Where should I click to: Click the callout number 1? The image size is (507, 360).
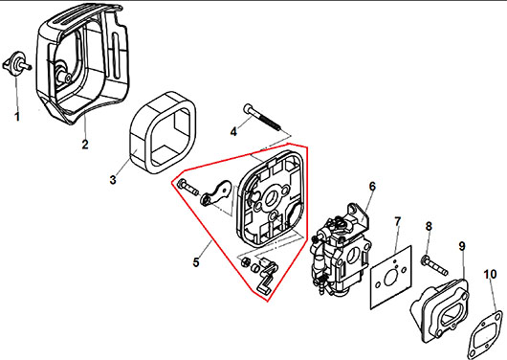[x=17, y=117]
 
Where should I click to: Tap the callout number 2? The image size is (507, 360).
[x=85, y=144]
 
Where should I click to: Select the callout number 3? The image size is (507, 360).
[x=113, y=179]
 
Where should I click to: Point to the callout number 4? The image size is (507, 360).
[x=233, y=132]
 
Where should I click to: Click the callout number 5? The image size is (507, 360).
[x=196, y=262]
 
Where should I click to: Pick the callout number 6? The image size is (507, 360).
[x=372, y=186]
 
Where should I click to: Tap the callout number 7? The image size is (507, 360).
[x=397, y=222]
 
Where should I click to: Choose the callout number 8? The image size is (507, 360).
[x=429, y=226]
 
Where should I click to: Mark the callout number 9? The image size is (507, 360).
[x=462, y=247]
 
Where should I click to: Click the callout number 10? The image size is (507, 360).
[x=490, y=274]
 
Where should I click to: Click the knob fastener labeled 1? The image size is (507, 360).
[x=17, y=63]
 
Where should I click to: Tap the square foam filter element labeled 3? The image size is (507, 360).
[x=163, y=134]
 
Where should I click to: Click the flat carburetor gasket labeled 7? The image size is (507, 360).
[x=390, y=278]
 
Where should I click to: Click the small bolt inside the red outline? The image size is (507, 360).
[x=187, y=187]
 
